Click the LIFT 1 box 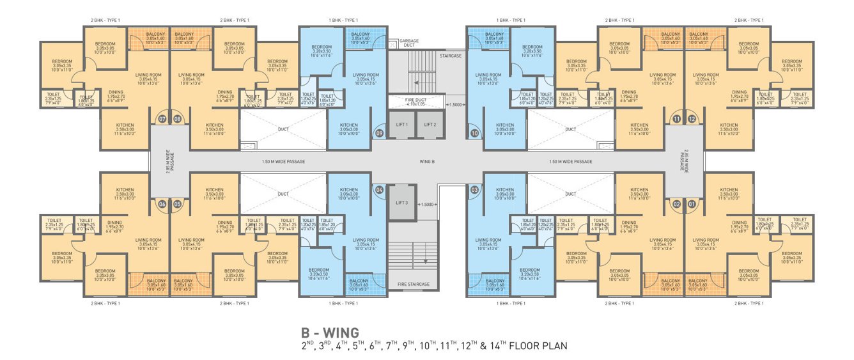tap(402, 124)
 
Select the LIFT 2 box tap(429, 124)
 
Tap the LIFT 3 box tap(402, 202)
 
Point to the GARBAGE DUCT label tap(409, 43)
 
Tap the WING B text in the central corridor tap(426, 162)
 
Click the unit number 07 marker tap(163, 119)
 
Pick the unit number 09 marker tap(379, 133)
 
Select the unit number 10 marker tap(474, 133)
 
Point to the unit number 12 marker tap(691, 119)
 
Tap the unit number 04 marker tap(380, 190)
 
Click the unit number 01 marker tap(691, 205)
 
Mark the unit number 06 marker tap(163, 205)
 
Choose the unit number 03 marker tap(474, 190)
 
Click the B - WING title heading tap(330, 333)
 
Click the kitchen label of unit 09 tap(348, 127)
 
